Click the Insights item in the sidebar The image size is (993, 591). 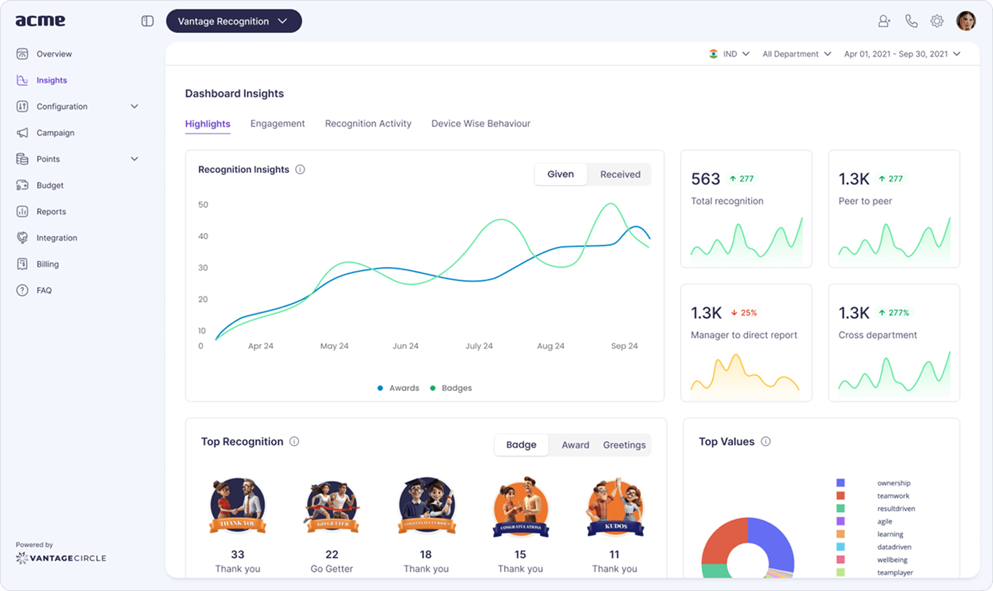click(51, 80)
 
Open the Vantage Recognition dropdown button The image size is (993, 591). click(233, 21)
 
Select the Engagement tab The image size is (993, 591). click(277, 123)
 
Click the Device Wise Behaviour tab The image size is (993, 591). click(481, 123)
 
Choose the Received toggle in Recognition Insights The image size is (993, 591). click(619, 174)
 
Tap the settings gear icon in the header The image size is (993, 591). click(936, 21)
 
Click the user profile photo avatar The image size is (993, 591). click(965, 21)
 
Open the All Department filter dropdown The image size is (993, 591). click(796, 54)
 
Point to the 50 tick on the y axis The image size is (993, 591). click(203, 205)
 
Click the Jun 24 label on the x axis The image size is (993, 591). click(405, 346)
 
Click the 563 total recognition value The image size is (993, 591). click(705, 179)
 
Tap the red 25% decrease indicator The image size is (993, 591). click(744, 313)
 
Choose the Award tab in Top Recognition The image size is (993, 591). click(575, 445)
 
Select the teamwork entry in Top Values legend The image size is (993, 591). click(893, 496)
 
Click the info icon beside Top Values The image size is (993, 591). click(765, 441)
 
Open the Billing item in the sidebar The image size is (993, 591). click(47, 264)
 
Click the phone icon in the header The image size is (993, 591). click(911, 21)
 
